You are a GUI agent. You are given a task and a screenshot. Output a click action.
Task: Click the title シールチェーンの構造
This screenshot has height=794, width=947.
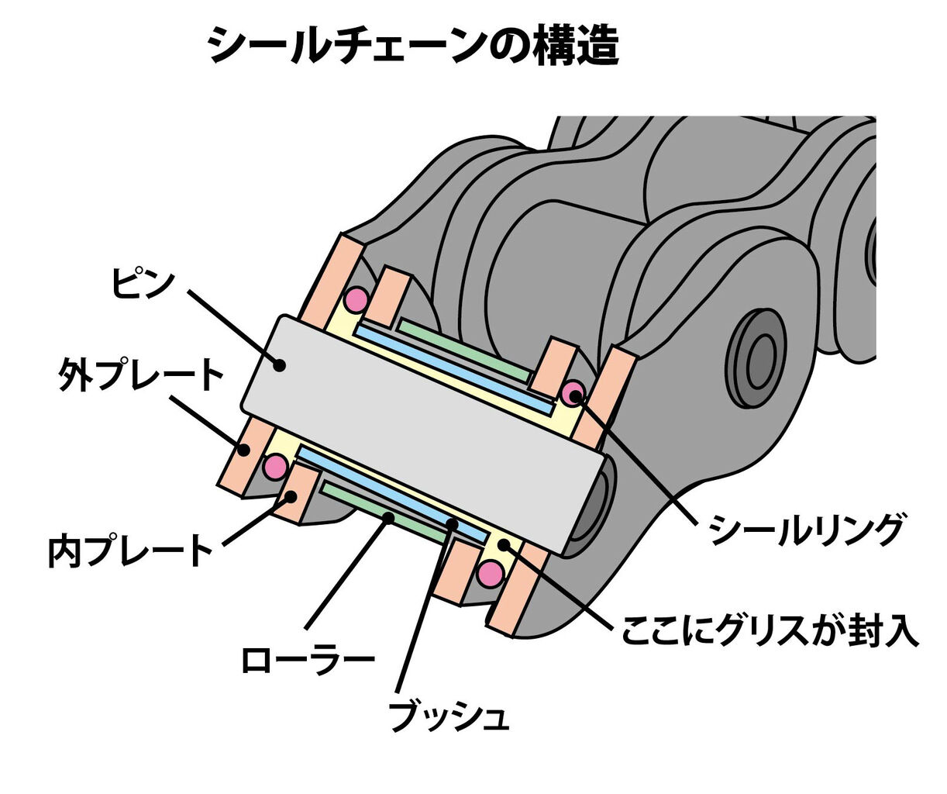(x=413, y=46)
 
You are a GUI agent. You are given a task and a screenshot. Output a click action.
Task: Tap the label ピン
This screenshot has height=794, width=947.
(x=143, y=283)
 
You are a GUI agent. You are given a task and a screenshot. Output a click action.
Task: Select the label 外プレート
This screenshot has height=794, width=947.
(x=140, y=375)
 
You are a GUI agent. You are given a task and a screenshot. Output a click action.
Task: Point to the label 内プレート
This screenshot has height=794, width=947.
(x=131, y=550)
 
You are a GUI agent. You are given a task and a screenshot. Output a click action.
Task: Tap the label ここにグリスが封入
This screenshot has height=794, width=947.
(x=770, y=630)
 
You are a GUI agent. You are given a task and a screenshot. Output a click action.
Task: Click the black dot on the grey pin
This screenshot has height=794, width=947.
(x=281, y=364)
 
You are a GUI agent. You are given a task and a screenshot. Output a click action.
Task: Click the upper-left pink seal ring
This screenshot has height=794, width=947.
(x=356, y=299)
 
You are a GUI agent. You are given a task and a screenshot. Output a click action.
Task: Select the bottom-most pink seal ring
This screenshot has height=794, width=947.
(x=491, y=575)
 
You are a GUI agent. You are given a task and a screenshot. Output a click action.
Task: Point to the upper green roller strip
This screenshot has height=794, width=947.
(x=464, y=350)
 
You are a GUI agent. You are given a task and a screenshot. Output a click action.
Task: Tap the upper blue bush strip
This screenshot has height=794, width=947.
(x=454, y=369)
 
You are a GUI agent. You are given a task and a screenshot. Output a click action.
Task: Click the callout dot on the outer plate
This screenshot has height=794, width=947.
(x=244, y=450)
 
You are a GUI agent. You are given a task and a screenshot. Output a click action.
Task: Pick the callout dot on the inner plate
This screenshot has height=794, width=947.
(x=291, y=496)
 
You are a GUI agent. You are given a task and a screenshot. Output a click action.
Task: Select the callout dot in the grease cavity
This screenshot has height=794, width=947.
(x=503, y=544)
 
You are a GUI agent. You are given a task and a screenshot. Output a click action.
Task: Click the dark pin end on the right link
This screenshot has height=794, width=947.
(x=756, y=358)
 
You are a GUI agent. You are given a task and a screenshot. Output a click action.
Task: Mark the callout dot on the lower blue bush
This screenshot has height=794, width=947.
(x=452, y=523)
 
